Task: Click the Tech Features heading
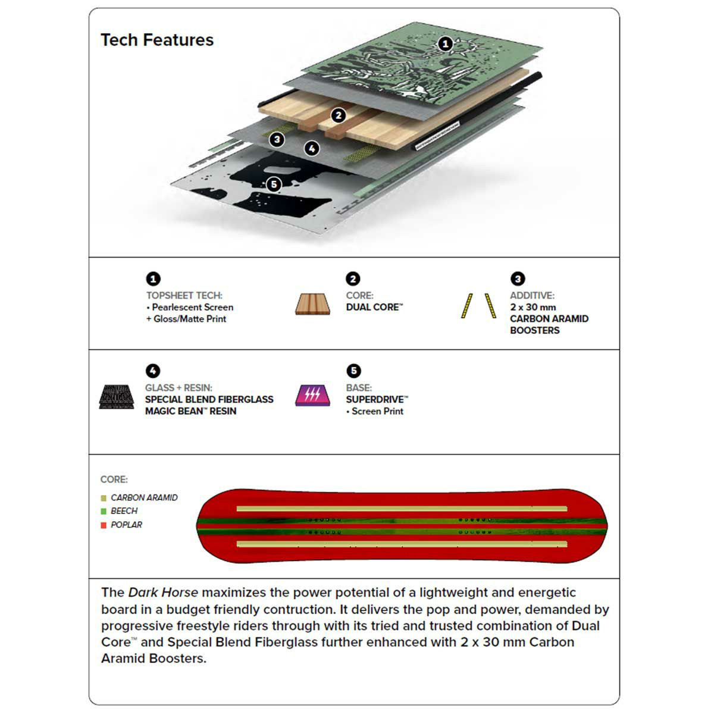click(157, 40)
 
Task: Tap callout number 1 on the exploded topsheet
click(445, 43)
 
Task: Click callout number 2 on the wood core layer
click(339, 115)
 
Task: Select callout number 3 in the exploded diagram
click(277, 140)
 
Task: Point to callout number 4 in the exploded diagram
click(312, 149)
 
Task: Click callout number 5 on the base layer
click(274, 184)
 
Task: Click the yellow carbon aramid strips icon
click(478, 305)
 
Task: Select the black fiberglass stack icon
click(116, 397)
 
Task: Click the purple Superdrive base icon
click(312, 396)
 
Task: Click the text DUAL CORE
click(374, 307)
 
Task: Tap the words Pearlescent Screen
click(192, 307)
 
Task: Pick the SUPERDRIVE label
click(377, 399)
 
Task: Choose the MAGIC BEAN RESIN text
click(190, 411)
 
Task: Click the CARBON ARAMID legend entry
click(143, 497)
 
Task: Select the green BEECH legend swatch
click(104, 511)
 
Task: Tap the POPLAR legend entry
click(126, 525)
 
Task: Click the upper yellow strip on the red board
click(402, 509)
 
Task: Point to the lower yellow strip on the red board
click(402, 544)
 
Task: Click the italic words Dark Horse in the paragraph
click(163, 593)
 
